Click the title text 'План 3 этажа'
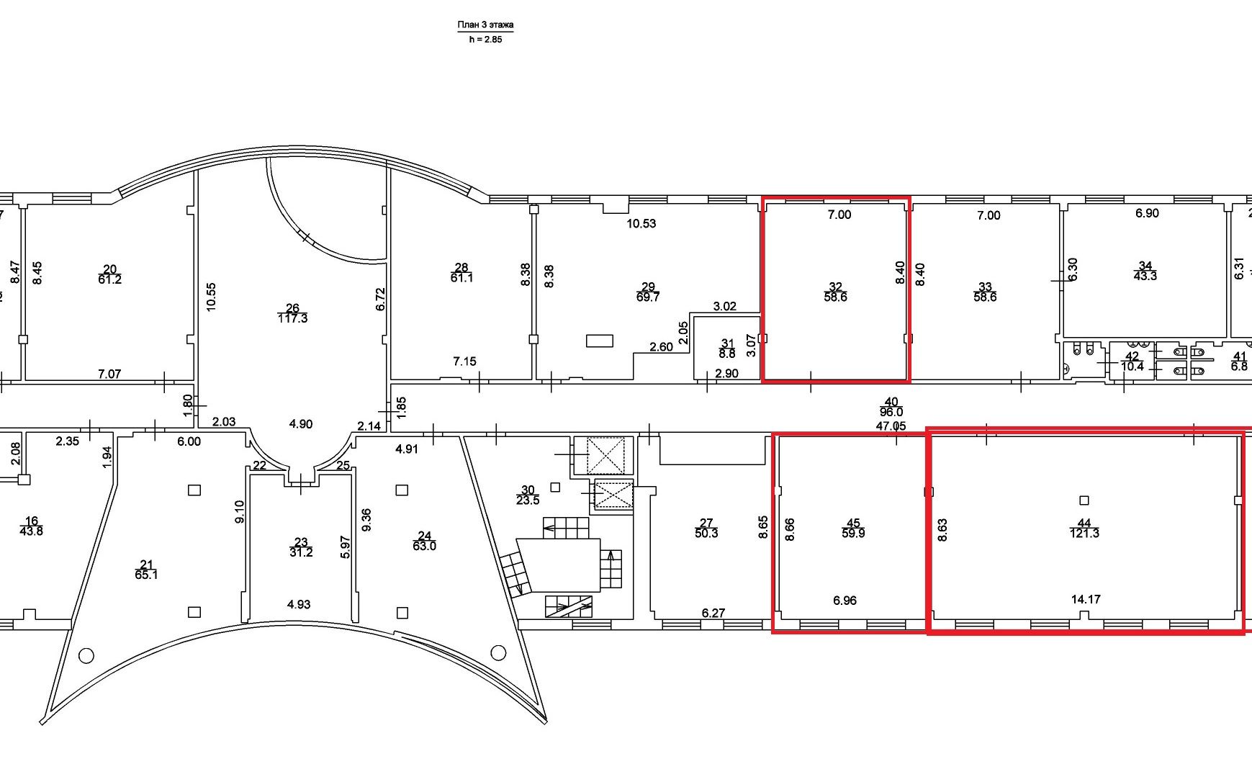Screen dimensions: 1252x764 tap(485, 25)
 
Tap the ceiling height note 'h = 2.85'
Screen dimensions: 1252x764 tap(485, 40)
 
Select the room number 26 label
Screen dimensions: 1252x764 tap(292, 308)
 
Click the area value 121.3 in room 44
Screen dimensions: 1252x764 tap(1084, 534)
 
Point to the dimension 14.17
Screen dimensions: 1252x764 tap(1086, 599)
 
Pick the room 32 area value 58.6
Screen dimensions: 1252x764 tap(835, 297)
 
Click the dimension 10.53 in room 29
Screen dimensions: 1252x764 tap(641, 223)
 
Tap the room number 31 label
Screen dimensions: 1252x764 tap(727, 344)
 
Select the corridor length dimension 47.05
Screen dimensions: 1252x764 tap(891, 426)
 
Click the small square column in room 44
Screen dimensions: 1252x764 tap(1084, 500)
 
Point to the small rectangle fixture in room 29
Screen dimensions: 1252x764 tap(599, 341)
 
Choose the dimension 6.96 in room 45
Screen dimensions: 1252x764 tap(845, 601)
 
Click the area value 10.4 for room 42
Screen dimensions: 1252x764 tap(1132, 367)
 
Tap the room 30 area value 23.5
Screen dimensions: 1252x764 tap(528, 500)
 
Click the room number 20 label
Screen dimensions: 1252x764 tap(109, 269)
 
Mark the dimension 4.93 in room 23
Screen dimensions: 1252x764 tap(299, 605)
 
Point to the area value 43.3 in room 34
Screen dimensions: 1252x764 tap(1145, 276)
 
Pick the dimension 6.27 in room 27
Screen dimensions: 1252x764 tap(713, 614)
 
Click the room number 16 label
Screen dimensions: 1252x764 tap(31, 521)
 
